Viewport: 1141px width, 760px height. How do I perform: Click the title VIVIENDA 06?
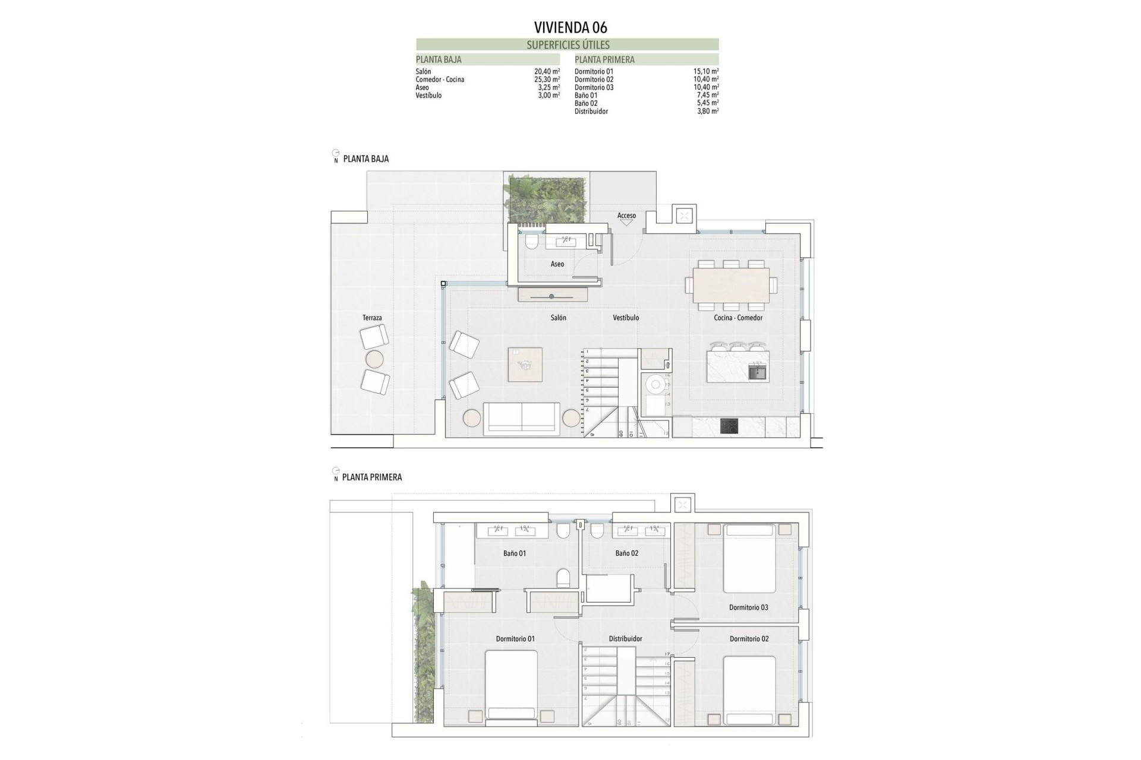pos(570,27)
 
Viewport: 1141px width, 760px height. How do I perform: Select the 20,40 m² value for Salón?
pos(547,71)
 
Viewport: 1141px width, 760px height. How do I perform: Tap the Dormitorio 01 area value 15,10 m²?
pos(706,71)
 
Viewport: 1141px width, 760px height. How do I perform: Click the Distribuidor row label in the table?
pos(591,112)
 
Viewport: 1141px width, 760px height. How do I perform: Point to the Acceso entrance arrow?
pos(626,223)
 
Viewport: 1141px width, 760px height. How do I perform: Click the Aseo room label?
pos(557,264)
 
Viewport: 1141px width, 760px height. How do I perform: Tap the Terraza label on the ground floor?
pos(372,318)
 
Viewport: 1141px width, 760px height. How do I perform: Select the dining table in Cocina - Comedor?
pos(731,286)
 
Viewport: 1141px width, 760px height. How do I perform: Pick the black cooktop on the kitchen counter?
pos(729,426)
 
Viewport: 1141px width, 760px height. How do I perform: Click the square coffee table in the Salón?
pos(525,364)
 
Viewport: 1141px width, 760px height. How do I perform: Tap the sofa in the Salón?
pos(521,417)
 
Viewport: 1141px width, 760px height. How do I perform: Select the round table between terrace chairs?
pos(375,359)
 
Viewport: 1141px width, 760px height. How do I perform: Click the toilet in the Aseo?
pos(531,241)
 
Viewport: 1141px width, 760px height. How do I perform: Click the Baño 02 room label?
pos(626,553)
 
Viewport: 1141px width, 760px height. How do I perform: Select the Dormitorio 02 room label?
pos(749,639)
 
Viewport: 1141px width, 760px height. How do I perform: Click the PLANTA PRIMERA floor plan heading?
pos(372,477)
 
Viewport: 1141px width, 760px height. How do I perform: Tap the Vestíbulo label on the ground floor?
pos(626,318)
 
